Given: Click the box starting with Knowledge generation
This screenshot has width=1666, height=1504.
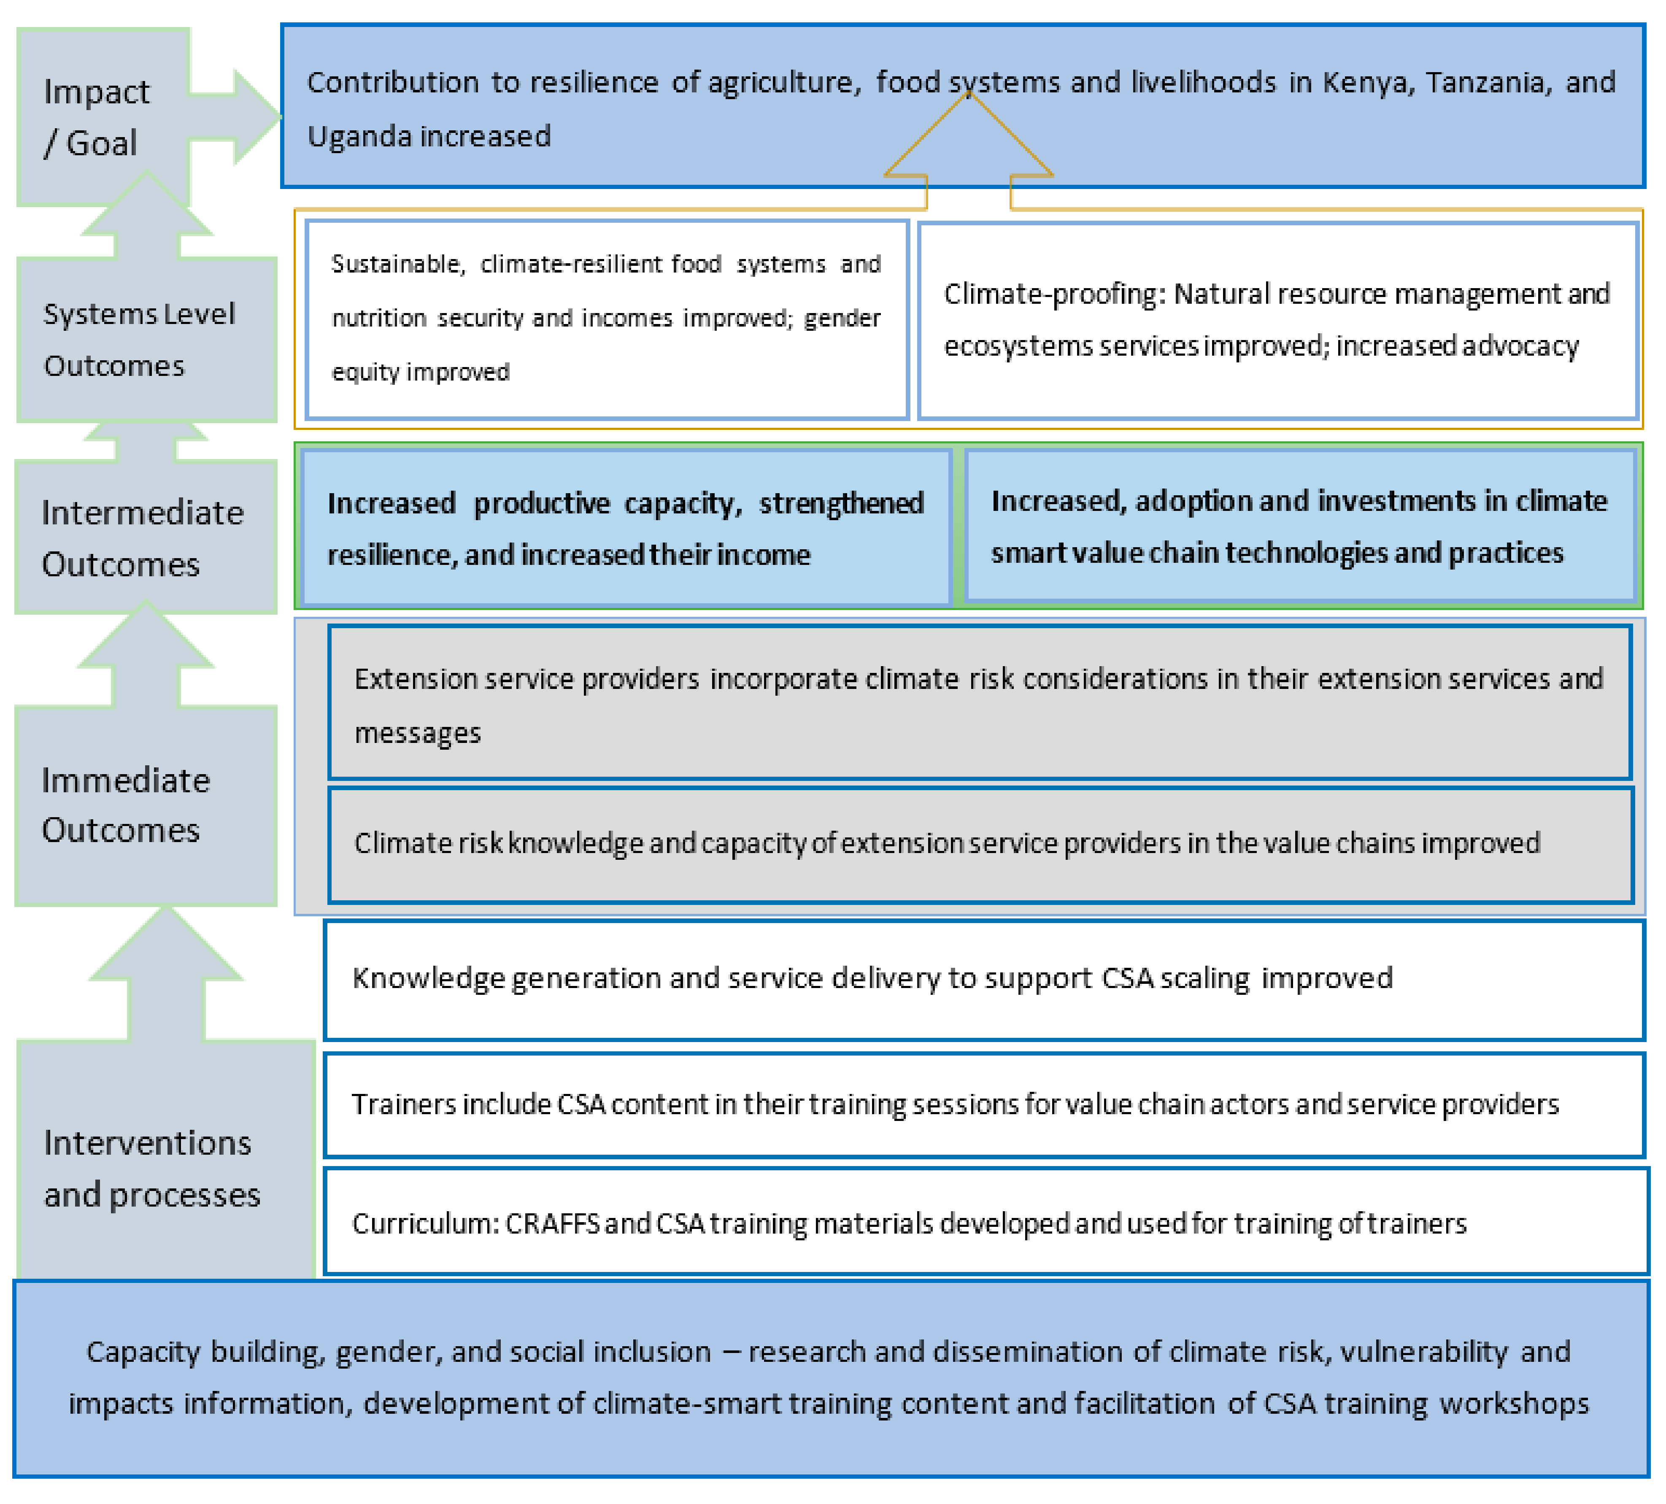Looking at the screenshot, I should tap(983, 979).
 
